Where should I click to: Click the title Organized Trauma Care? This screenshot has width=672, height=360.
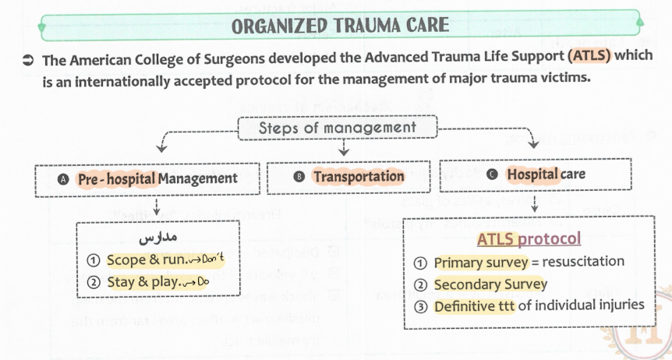pos(340,25)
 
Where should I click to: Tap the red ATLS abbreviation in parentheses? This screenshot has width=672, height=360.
pos(590,58)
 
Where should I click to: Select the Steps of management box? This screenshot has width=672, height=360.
pos(337,128)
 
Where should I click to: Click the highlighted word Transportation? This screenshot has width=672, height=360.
pos(359,177)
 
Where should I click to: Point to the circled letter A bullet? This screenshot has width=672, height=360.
pos(65,178)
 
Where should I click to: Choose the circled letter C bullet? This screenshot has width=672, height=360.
pos(493,175)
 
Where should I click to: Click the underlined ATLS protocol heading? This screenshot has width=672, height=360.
pos(529,238)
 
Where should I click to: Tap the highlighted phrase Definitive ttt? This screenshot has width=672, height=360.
pos(474,305)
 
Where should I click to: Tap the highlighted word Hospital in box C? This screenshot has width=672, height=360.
pos(532,175)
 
